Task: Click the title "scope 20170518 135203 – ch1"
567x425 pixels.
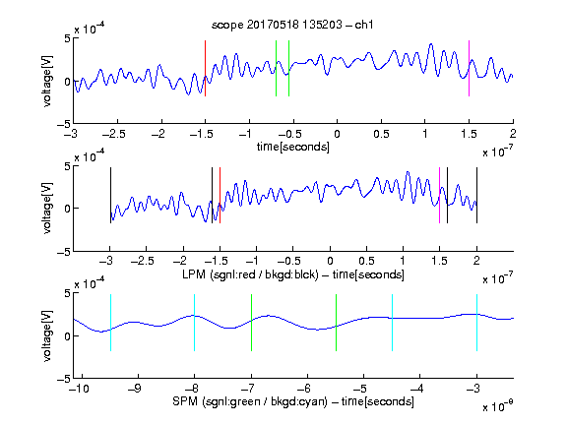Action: (292, 25)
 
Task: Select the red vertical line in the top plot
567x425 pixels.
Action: (206, 68)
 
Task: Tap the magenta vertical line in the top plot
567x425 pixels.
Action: (469, 68)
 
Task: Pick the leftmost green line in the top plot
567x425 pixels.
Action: (276, 68)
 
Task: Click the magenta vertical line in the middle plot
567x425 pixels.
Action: (439, 195)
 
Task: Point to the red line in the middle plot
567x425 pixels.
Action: (220, 195)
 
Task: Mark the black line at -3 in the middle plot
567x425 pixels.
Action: (110, 195)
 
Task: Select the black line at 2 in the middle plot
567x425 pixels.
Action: (476, 195)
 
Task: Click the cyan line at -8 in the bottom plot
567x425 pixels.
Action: (195, 323)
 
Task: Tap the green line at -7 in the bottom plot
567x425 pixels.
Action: (251, 323)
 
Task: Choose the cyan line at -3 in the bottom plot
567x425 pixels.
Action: (476, 323)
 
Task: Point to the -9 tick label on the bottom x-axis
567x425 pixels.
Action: (135, 389)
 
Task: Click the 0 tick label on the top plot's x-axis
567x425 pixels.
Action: (337, 134)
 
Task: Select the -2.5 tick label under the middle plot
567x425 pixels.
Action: (143, 261)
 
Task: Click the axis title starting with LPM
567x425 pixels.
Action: (293, 274)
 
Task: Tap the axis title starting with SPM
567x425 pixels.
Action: (293, 401)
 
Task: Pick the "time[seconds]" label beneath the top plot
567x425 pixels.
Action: (293, 147)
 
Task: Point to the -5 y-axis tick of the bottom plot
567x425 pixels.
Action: (64, 379)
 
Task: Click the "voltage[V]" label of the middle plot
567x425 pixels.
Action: (47, 208)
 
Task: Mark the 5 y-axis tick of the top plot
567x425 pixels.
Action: (67, 38)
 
